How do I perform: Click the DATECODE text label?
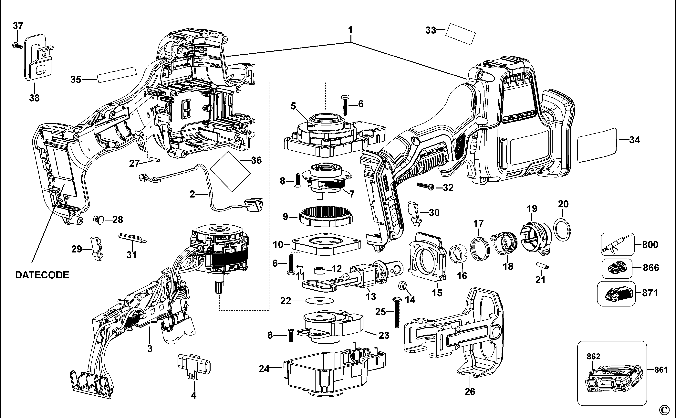point(42,275)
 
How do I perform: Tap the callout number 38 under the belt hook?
point(34,98)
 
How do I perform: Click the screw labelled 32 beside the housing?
point(426,187)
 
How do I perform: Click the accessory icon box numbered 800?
point(618,244)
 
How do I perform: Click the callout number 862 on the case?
point(593,357)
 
